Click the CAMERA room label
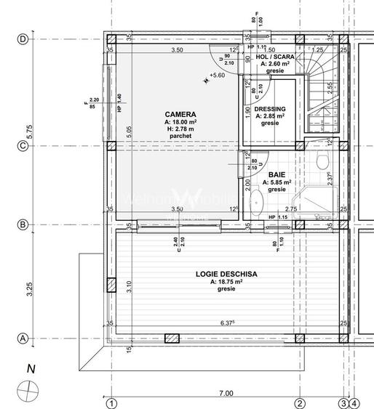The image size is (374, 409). click(x=179, y=114)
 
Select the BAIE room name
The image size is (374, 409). click(x=276, y=174)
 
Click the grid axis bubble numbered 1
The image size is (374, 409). click(x=111, y=402)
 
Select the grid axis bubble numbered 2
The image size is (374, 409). click(x=299, y=402)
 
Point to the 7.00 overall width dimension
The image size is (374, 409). click(x=226, y=393)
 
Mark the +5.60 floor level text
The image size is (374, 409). click(x=216, y=75)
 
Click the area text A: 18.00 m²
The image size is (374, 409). click(x=179, y=122)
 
